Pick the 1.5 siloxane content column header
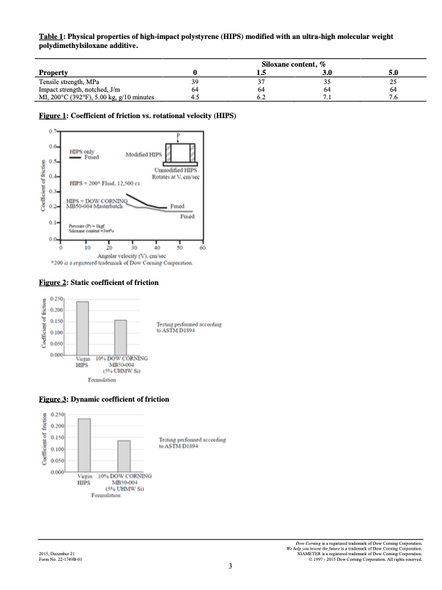[x=261, y=72]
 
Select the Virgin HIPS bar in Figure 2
[x=82, y=327]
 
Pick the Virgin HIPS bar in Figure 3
[x=84, y=445]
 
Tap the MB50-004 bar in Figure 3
[x=124, y=456]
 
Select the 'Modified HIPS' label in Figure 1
[x=144, y=154]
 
